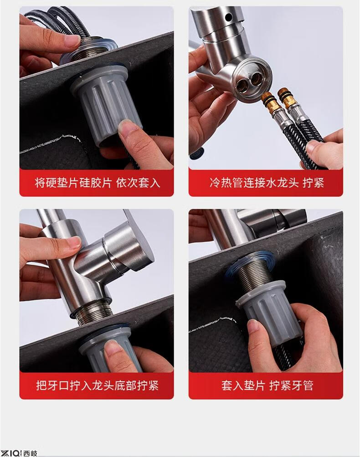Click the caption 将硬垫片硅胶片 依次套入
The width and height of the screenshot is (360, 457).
[x=97, y=183]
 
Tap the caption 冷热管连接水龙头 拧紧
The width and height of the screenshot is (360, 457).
[x=267, y=183]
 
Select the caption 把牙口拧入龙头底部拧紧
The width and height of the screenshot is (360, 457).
[x=97, y=385]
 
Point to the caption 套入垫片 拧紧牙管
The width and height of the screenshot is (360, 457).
[x=267, y=385]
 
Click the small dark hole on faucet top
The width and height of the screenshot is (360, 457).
[x=229, y=17]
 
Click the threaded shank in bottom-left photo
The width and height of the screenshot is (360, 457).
[x=94, y=313]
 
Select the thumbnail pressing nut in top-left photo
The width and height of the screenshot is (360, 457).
[x=127, y=128]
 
